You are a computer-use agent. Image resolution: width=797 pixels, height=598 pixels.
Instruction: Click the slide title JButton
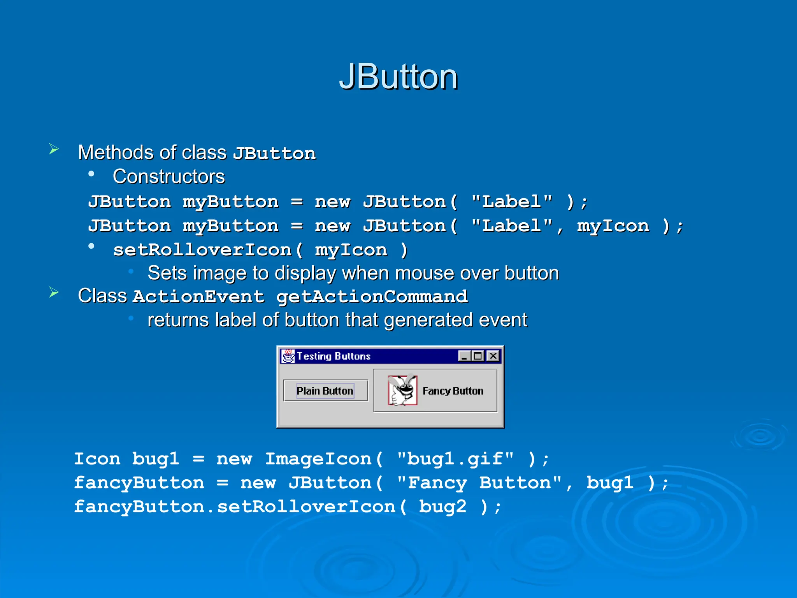[x=398, y=77]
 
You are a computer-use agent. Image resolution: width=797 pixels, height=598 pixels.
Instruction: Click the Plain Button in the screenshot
[x=325, y=390]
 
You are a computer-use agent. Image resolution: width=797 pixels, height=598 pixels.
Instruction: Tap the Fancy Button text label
[x=453, y=391]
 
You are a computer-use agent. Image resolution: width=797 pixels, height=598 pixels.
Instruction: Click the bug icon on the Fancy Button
[x=402, y=390]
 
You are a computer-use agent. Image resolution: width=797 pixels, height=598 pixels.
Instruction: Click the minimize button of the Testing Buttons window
[x=464, y=356]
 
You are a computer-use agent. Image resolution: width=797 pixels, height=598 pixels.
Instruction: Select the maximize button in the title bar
[x=478, y=356]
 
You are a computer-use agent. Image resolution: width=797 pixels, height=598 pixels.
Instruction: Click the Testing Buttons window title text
[x=334, y=356]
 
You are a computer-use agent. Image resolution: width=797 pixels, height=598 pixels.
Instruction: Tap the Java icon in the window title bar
[x=288, y=356]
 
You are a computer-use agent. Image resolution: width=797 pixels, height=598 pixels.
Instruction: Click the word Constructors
[x=169, y=176]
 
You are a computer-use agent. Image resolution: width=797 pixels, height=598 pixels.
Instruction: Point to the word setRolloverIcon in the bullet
[x=202, y=250]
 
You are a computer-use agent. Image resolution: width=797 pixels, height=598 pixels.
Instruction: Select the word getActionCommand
[x=372, y=297]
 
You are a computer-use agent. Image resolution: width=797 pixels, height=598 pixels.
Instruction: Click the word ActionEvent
[x=198, y=297]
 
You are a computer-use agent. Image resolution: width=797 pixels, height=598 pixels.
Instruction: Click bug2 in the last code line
[x=442, y=507]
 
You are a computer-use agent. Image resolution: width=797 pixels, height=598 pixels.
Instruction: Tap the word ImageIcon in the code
[x=318, y=459]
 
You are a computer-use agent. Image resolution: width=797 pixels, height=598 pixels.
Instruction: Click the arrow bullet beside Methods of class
[x=54, y=149]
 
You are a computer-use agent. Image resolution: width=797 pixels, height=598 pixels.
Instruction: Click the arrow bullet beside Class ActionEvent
[x=54, y=292]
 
